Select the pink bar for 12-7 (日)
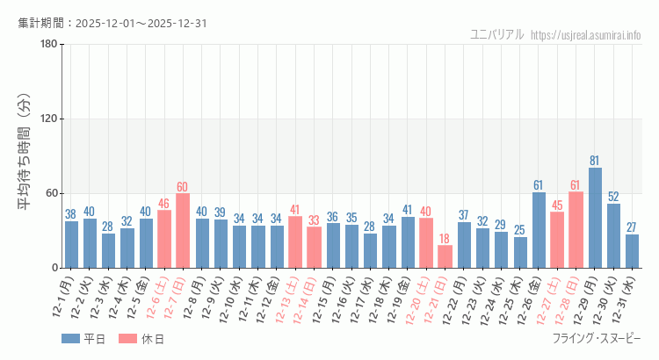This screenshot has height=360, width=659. (x=183, y=230)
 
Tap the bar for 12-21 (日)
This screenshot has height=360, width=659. (x=445, y=256)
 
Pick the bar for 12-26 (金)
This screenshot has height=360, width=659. (x=539, y=230)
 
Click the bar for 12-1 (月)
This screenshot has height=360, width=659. (x=71, y=244)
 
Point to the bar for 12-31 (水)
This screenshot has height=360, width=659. (x=632, y=251)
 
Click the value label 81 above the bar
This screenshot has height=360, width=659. (x=595, y=161)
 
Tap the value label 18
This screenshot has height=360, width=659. (x=445, y=239)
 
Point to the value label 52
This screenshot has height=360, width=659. (x=613, y=197)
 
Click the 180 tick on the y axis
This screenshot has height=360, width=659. (x=49, y=45)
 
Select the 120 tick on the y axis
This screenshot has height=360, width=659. (x=49, y=119)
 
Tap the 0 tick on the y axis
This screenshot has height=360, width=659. (x=54, y=268)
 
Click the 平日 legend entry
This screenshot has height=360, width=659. (x=83, y=339)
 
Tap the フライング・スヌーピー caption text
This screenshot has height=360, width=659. (x=597, y=339)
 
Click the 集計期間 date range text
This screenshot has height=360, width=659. (x=112, y=23)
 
